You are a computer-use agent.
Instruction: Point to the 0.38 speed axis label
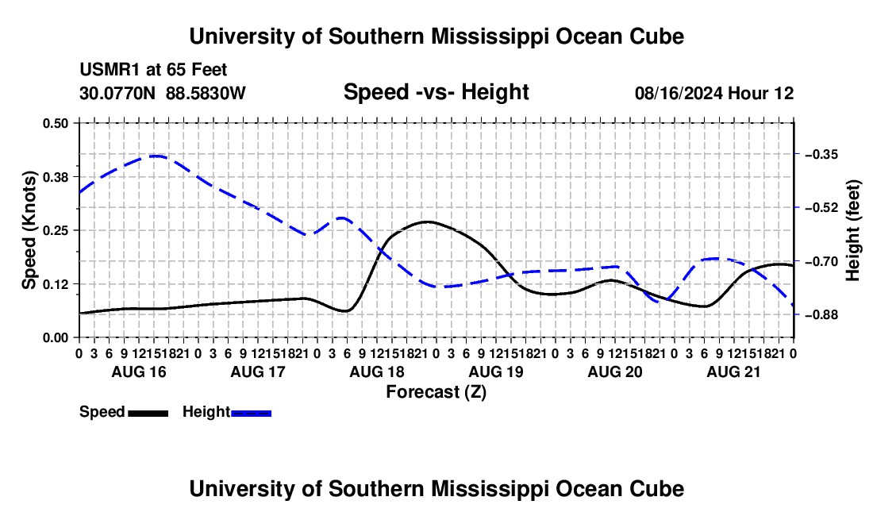(55, 177)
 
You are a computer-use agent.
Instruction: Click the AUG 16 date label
(139, 372)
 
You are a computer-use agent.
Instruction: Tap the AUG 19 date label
(496, 372)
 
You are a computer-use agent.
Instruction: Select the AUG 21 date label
(733, 372)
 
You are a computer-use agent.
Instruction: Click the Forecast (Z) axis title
(436, 392)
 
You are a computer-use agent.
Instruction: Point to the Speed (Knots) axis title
(29, 230)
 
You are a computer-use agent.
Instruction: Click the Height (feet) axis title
(852, 230)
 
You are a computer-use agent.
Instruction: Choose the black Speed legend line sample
(148, 413)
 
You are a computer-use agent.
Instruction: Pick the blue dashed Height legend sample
(251, 413)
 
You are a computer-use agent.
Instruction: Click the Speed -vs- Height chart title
(436, 92)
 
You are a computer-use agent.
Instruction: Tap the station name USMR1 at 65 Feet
(153, 70)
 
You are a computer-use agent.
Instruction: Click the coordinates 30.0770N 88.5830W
(162, 93)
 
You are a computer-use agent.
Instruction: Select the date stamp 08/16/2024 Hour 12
(714, 93)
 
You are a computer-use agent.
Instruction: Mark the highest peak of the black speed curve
(426, 221)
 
